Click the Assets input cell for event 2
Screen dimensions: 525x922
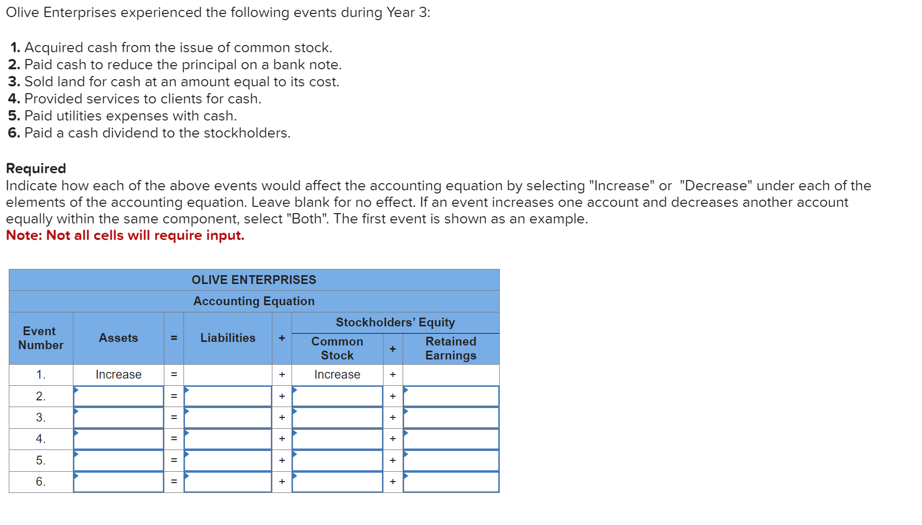point(118,396)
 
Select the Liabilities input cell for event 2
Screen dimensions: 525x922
point(228,396)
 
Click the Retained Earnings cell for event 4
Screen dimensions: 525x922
point(451,439)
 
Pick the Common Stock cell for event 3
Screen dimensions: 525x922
point(337,417)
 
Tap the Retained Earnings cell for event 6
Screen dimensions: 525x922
point(451,482)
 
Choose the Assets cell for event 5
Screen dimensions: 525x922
point(118,460)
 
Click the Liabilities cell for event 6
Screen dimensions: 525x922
point(228,482)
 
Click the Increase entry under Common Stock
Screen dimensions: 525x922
point(337,374)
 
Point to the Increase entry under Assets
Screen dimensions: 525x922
point(118,374)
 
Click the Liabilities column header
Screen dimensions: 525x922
point(228,338)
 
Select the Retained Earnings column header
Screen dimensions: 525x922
point(451,349)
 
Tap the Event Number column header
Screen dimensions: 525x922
point(40,338)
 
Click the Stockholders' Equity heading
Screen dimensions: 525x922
point(395,322)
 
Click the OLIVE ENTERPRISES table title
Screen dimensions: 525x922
point(254,280)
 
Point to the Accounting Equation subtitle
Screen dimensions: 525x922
point(254,301)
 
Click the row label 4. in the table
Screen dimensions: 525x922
point(40,439)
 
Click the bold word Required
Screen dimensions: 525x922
point(36,169)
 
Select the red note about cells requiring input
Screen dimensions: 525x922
point(125,235)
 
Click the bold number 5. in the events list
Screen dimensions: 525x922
point(14,116)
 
